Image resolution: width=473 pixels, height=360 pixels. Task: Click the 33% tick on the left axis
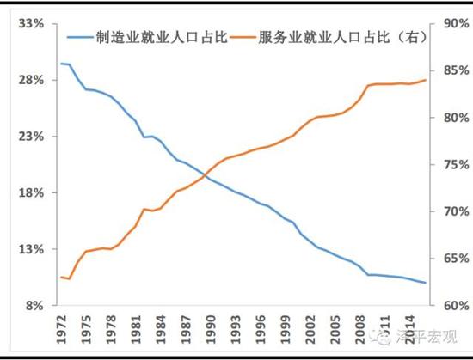(31, 24)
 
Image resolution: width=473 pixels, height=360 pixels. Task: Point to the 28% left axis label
(31, 80)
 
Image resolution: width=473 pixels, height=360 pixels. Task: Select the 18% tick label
(31, 193)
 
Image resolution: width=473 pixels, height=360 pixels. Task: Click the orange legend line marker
(244, 37)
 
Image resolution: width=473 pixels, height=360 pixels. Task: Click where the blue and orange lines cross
(207, 175)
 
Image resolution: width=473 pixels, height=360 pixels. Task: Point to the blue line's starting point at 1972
(60, 64)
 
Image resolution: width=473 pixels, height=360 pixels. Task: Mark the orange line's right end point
(425, 80)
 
